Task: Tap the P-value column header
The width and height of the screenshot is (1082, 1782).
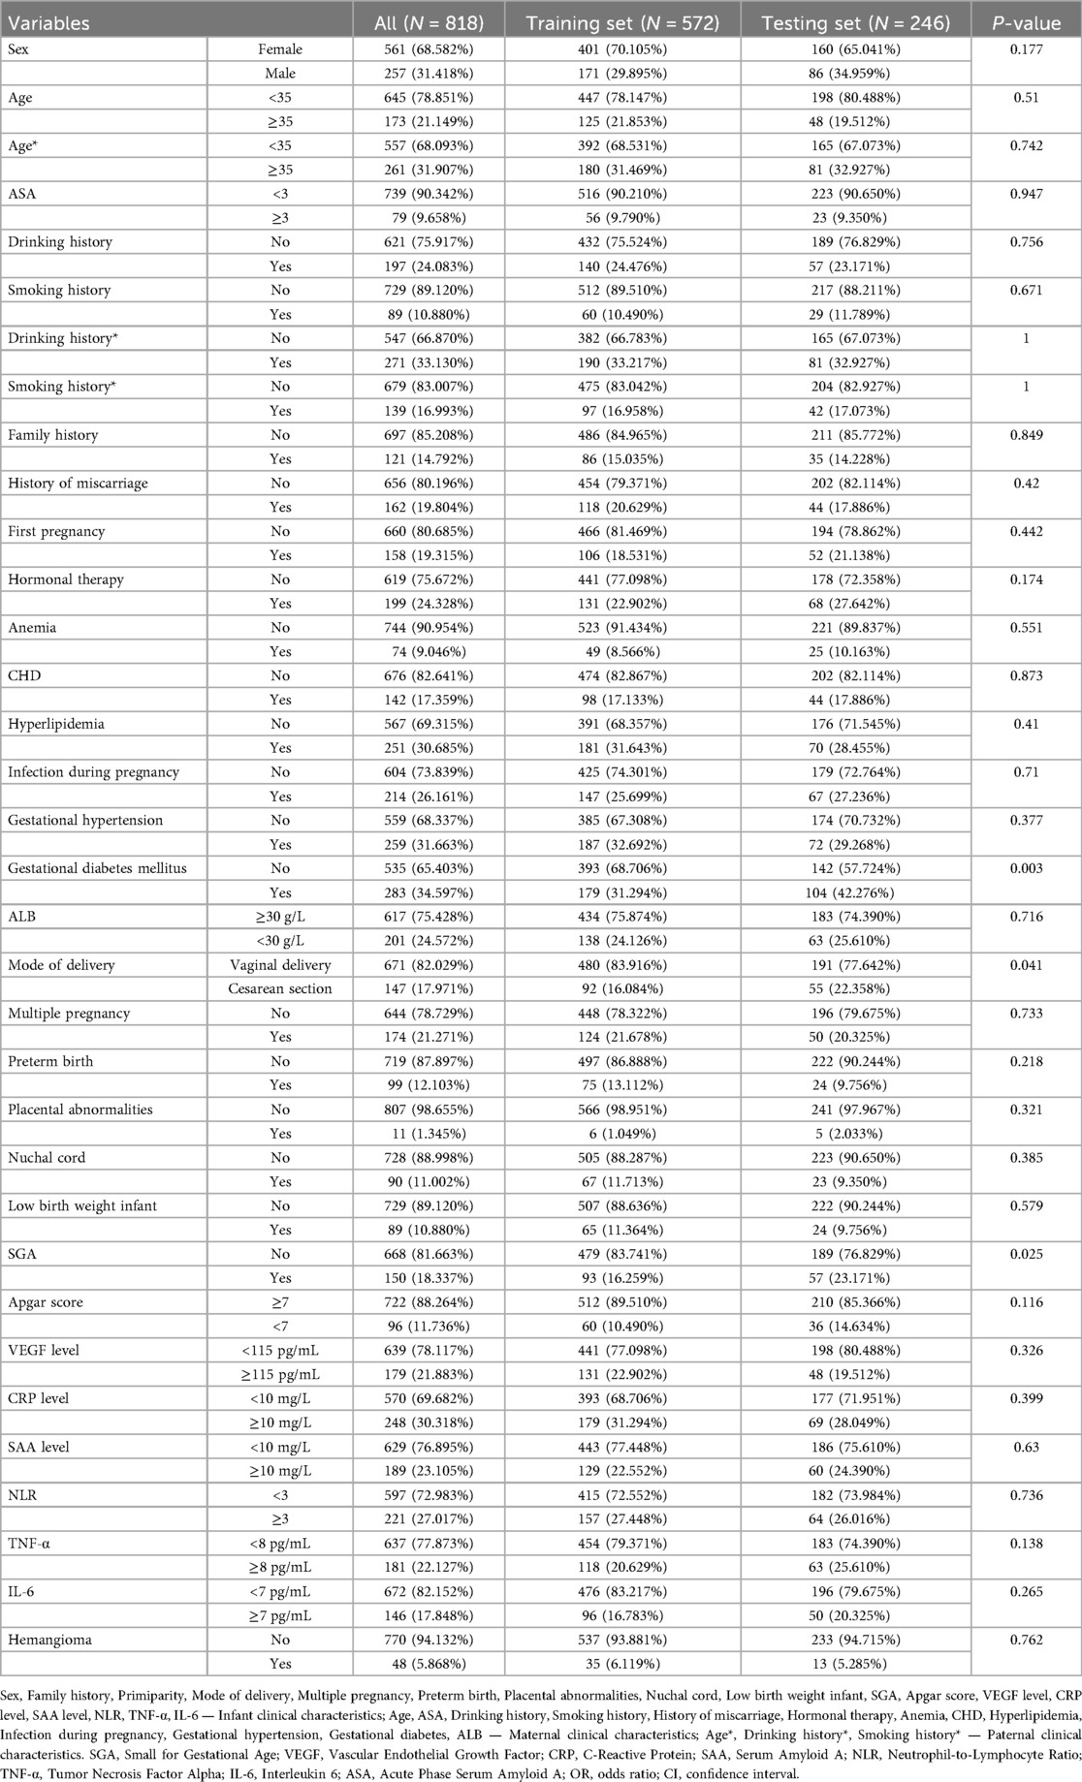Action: [1026, 22]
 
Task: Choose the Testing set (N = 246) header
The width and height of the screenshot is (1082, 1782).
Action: [855, 22]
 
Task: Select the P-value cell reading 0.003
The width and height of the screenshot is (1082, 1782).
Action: [1026, 868]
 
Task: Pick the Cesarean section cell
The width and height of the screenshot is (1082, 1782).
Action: [280, 988]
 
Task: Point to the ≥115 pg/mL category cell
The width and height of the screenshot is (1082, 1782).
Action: [276, 1374]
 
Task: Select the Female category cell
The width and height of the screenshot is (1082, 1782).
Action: [280, 49]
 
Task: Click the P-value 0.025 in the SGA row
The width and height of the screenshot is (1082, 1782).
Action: [1026, 1254]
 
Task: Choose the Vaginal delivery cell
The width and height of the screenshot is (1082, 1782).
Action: [280, 965]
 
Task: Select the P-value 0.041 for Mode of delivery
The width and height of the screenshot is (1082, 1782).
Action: [1026, 965]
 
